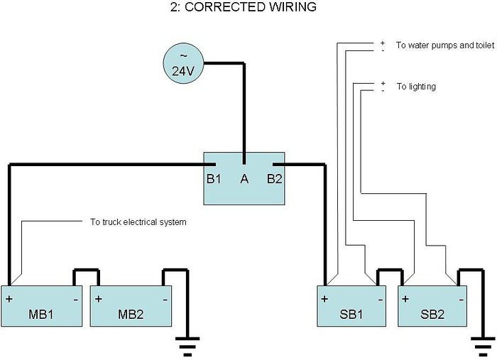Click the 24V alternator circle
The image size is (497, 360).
point(183,63)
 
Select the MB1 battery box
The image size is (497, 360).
point(41,306)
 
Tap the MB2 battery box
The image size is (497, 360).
point(131,306)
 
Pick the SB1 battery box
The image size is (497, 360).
point(351,306)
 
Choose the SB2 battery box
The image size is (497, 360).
point(432,306)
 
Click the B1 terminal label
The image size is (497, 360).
point(214,179)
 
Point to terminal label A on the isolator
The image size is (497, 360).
point(244,179)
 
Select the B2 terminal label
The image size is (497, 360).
point(274,179)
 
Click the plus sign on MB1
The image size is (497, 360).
point(9,299)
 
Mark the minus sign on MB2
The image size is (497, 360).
point(165,300)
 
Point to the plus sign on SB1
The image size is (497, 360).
point(324,299)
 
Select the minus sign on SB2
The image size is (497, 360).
point(461,300)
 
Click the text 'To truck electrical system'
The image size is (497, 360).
point(138,222)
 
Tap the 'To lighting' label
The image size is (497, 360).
point(416,87)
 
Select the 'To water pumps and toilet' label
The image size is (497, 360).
point(445,45)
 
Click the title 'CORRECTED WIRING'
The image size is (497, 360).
point(251,7)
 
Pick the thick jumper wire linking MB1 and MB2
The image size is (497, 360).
point(86,271)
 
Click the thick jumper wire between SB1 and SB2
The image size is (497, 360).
point(390,271)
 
